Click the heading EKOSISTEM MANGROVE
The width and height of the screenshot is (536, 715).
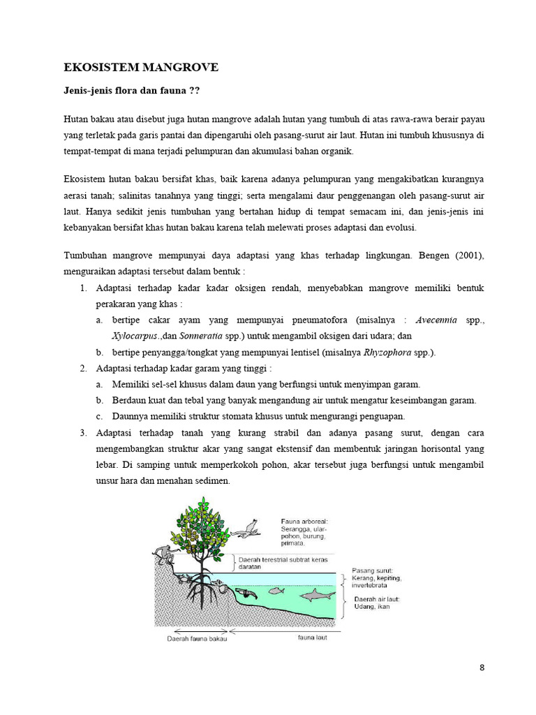click(141, 68)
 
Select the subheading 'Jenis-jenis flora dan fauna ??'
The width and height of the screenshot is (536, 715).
click(132, 91)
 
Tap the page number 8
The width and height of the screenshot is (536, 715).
click(482, 668)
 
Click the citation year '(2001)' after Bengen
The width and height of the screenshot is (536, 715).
click(468, 256)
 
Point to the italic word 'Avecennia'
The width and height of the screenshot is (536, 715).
click(436, 320)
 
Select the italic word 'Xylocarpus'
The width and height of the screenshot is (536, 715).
click(135, 336)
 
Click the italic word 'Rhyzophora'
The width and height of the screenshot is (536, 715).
click(388, 352)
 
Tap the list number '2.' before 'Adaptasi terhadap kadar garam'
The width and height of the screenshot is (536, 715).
click(82, 368)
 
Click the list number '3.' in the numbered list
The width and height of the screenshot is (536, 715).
click(82, 433)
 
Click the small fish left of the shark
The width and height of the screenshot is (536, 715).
click(277, 591)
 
